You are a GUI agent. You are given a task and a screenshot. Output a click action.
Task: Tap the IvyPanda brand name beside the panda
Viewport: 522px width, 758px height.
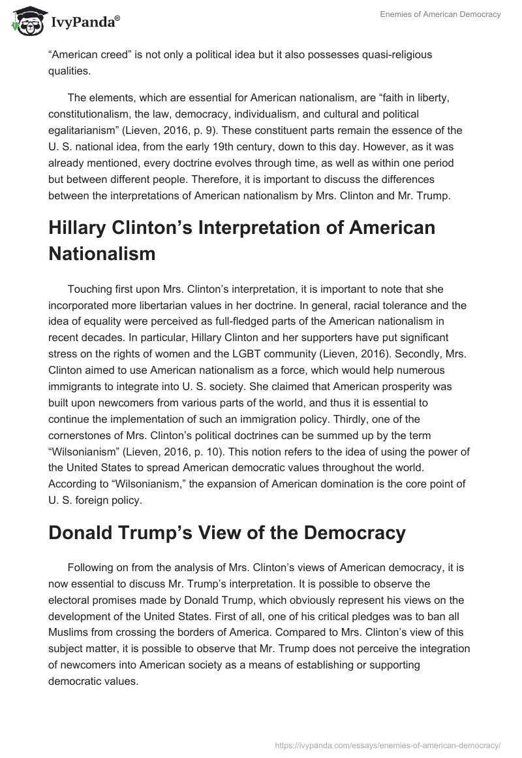coord(83,23)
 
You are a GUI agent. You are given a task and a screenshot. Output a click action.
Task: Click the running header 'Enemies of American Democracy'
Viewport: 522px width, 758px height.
coord(442,14)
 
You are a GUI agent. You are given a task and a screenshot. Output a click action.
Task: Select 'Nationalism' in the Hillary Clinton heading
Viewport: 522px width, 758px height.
coord(102,254)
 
